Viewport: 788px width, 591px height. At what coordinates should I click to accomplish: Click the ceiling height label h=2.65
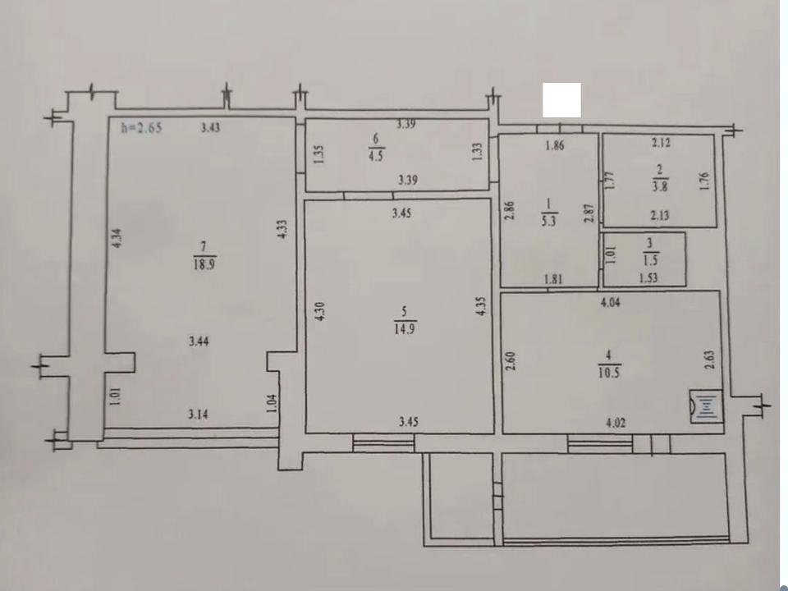142,128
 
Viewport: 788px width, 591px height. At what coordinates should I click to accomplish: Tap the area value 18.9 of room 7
204,264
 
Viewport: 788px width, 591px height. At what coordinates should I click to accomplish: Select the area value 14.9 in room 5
405,329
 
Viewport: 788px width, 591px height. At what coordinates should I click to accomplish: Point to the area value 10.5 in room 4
608,373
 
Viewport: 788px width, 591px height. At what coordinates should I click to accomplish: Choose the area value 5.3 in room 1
549,221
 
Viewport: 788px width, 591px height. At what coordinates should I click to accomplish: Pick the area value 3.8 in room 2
660,186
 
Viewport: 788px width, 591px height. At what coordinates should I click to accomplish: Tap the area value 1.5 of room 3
650,260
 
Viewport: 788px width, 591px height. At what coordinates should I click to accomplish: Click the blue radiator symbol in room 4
706,406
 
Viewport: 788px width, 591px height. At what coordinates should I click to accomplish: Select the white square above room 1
561,100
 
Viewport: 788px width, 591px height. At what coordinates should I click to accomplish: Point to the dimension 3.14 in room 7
199,415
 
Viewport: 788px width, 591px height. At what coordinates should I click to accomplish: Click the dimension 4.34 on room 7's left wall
117,238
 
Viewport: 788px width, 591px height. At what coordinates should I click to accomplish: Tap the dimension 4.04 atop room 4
610,303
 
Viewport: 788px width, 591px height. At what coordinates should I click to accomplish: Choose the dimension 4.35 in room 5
482,305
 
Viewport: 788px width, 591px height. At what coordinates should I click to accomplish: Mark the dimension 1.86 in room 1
555,146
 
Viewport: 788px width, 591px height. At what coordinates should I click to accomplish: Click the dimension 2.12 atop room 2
661,143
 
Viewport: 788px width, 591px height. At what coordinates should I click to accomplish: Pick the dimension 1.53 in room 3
648,278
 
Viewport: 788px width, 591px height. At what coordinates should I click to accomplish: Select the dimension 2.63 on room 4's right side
709,360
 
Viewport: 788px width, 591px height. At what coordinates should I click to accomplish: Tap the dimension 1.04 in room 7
271,404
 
